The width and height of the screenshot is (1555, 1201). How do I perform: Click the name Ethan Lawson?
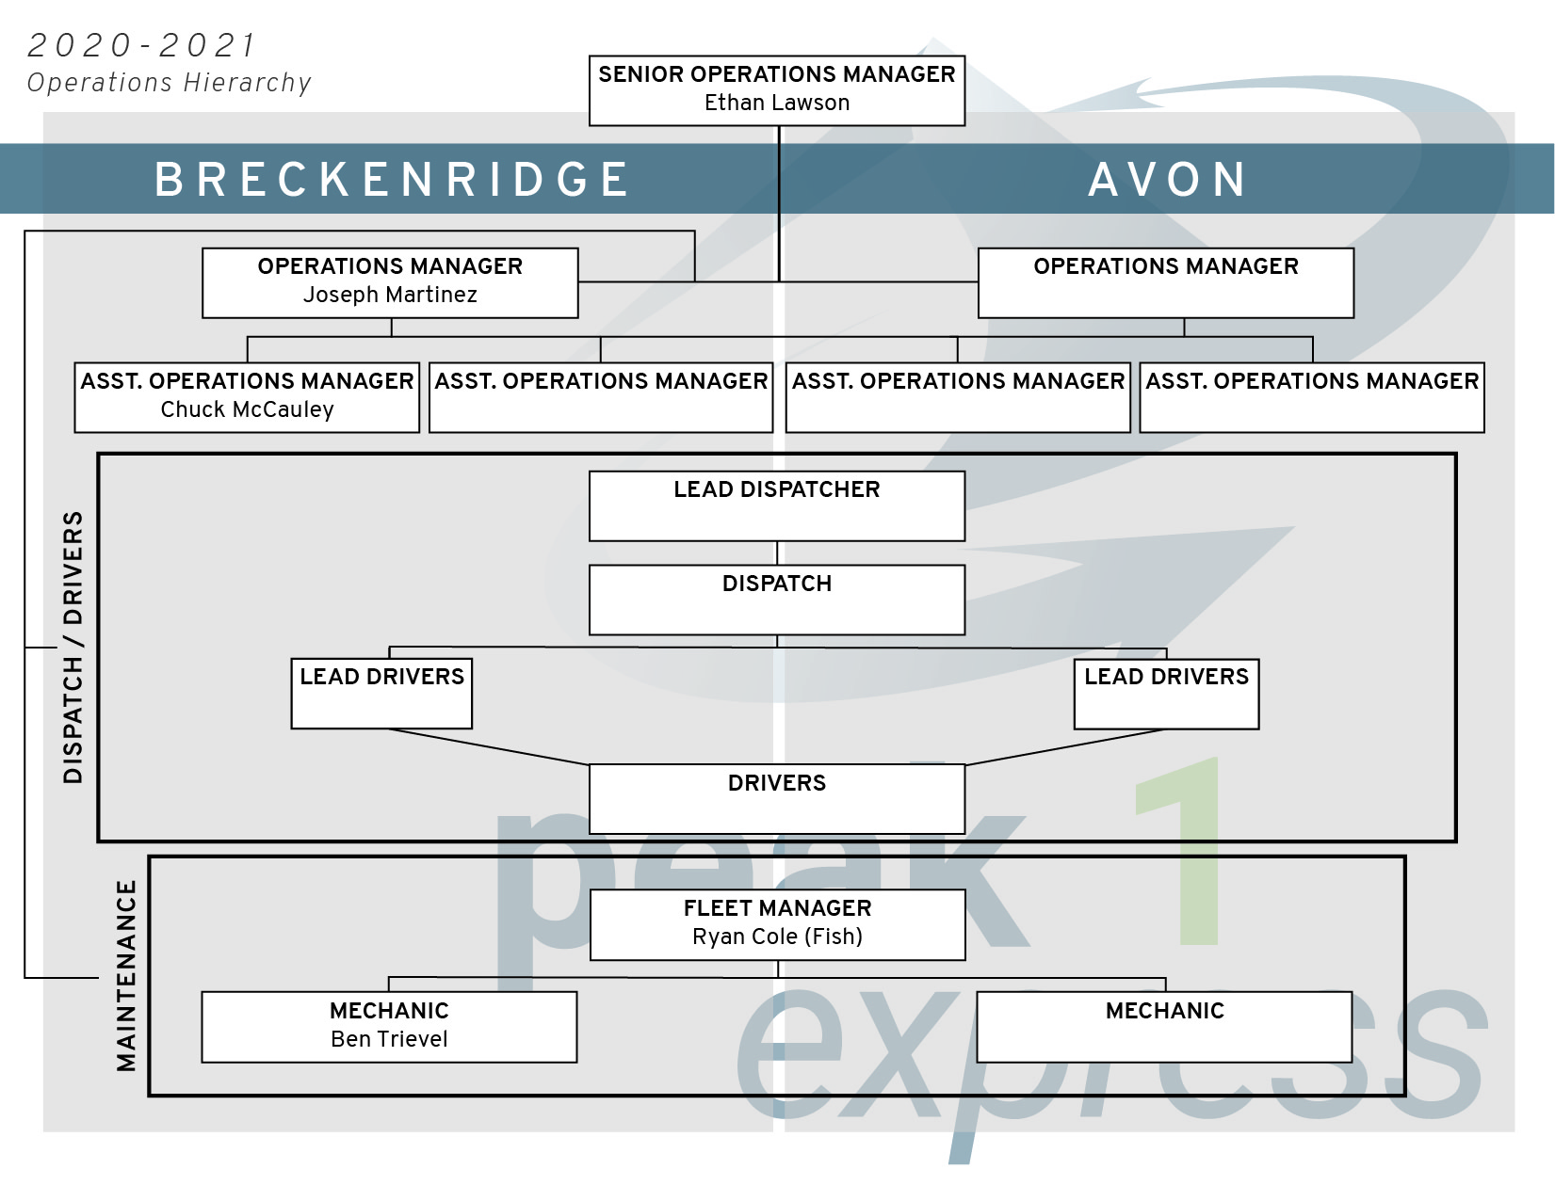(777, 103)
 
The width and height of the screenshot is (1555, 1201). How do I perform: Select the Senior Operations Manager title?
(777, 74)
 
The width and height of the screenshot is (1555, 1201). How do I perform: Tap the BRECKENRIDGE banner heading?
(392, 179)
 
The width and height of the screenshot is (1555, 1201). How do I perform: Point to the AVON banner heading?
(1168, 179)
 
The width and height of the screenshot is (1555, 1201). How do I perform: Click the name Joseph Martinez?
(390, 295)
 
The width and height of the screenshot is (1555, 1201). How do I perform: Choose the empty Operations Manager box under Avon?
(1166, 283)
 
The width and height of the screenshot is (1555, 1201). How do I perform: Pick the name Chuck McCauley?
(247, 409)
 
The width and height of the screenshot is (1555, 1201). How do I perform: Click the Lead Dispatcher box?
(777, 505)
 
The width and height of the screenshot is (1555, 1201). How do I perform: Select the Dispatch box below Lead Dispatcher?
(777, 600)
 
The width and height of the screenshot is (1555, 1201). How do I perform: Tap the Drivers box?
(777, 798)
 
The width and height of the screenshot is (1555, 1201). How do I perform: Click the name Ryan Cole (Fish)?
(777, 937)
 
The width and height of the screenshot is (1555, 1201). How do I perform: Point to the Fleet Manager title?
(777, 908)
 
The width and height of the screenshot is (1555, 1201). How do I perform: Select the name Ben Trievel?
(389, 1039)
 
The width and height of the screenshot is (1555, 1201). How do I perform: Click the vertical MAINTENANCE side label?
(126, 975)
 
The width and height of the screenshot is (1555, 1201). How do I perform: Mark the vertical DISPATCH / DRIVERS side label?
(73, 648)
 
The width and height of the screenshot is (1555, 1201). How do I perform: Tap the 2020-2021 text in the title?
(141, 45)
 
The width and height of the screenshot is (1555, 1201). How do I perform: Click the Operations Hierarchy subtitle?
(169, 83)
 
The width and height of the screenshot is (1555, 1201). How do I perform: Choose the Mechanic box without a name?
(1164, 1027)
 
